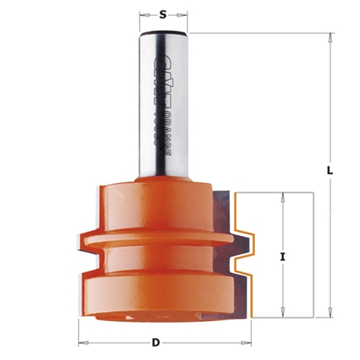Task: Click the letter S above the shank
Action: (x=162, y=14)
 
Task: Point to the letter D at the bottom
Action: (x=156, y=341)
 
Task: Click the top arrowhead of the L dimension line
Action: (x=331, y=37)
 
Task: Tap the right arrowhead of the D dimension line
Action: (x=232, y=341)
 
